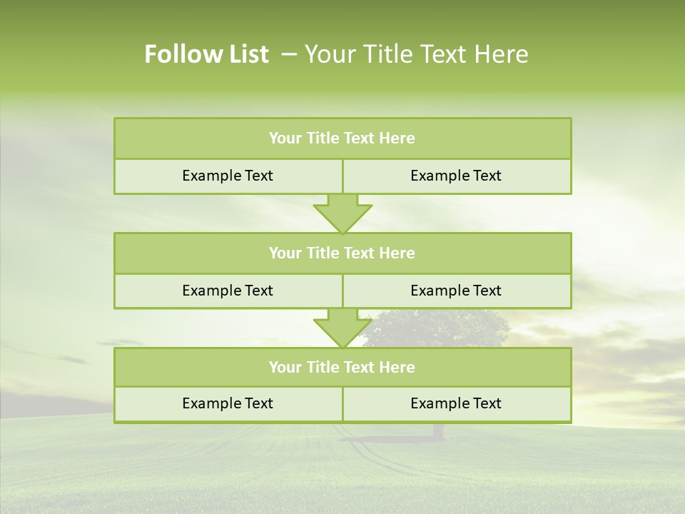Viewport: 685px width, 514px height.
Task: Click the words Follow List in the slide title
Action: [206, 54]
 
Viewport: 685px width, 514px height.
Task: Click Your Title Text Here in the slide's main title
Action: [417, 54]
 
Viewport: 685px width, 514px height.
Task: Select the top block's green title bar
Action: [342, 138]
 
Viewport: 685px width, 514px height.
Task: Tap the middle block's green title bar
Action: [342, 253]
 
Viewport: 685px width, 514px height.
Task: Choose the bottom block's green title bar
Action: [342, 367]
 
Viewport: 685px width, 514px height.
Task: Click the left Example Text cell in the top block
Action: [228, 176]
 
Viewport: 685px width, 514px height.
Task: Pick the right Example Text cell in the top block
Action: [456, 176]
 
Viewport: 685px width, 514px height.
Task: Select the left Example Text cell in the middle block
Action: [228, 291]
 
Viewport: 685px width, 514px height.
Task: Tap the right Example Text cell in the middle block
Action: [456, 291]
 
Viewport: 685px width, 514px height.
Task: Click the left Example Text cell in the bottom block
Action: [228, 403]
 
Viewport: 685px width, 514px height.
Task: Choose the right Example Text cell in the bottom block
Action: [456, 403]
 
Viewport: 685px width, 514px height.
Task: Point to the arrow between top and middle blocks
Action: [342, 213]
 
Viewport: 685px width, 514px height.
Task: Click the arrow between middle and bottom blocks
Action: [342, 328]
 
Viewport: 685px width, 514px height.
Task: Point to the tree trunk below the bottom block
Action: [437, 430]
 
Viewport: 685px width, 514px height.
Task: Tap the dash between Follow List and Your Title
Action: [289, 54]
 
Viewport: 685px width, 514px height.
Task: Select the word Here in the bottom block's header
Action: [397, 367]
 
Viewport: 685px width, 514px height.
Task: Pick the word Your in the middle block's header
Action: [285, 253]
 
